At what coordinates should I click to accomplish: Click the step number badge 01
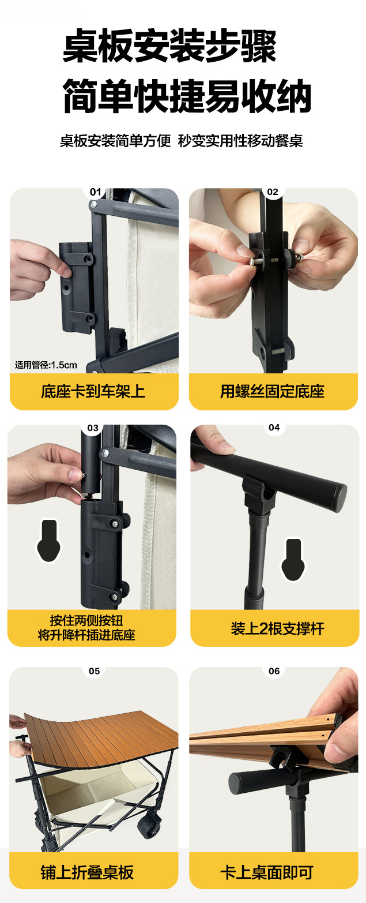pos(95,192)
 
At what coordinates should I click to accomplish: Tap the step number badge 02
pos(273,192)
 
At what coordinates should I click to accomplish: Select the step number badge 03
pos(93,428)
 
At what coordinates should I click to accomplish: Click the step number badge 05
pos(94,671)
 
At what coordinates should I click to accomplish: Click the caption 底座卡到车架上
pos(93,392)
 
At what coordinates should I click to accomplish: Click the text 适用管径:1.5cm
pos(46,365)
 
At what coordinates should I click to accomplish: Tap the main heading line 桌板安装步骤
pos(170,47)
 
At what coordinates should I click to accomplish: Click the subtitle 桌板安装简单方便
pos(115,141)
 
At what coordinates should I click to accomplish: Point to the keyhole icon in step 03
pos(49,541)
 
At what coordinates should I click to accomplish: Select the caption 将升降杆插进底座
pos(86,635)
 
